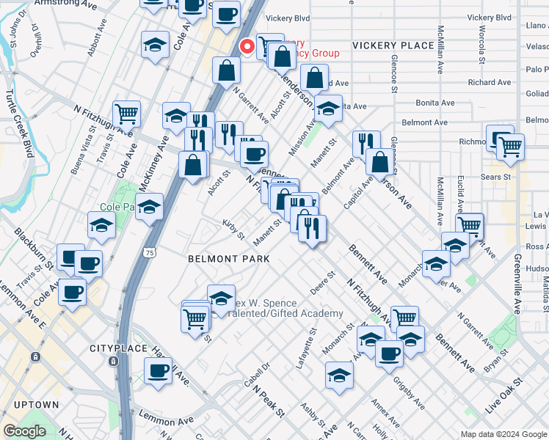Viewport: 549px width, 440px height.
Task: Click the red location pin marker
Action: point(247,46)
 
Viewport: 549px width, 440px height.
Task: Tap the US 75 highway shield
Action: point(150,252)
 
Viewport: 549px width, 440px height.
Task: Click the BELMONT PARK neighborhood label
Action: point(228,259)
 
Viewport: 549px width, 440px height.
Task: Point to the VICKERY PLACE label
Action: point(393,45)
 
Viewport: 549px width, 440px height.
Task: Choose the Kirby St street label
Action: point(234,228)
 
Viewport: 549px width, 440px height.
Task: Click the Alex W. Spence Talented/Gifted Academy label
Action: point(286,309)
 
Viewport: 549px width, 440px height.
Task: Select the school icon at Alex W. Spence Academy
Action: point(221,298)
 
